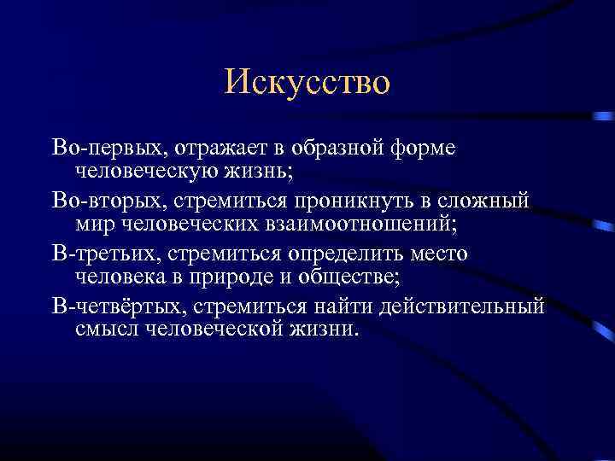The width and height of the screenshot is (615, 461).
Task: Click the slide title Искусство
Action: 307,82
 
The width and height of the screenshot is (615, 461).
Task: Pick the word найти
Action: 330,306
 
